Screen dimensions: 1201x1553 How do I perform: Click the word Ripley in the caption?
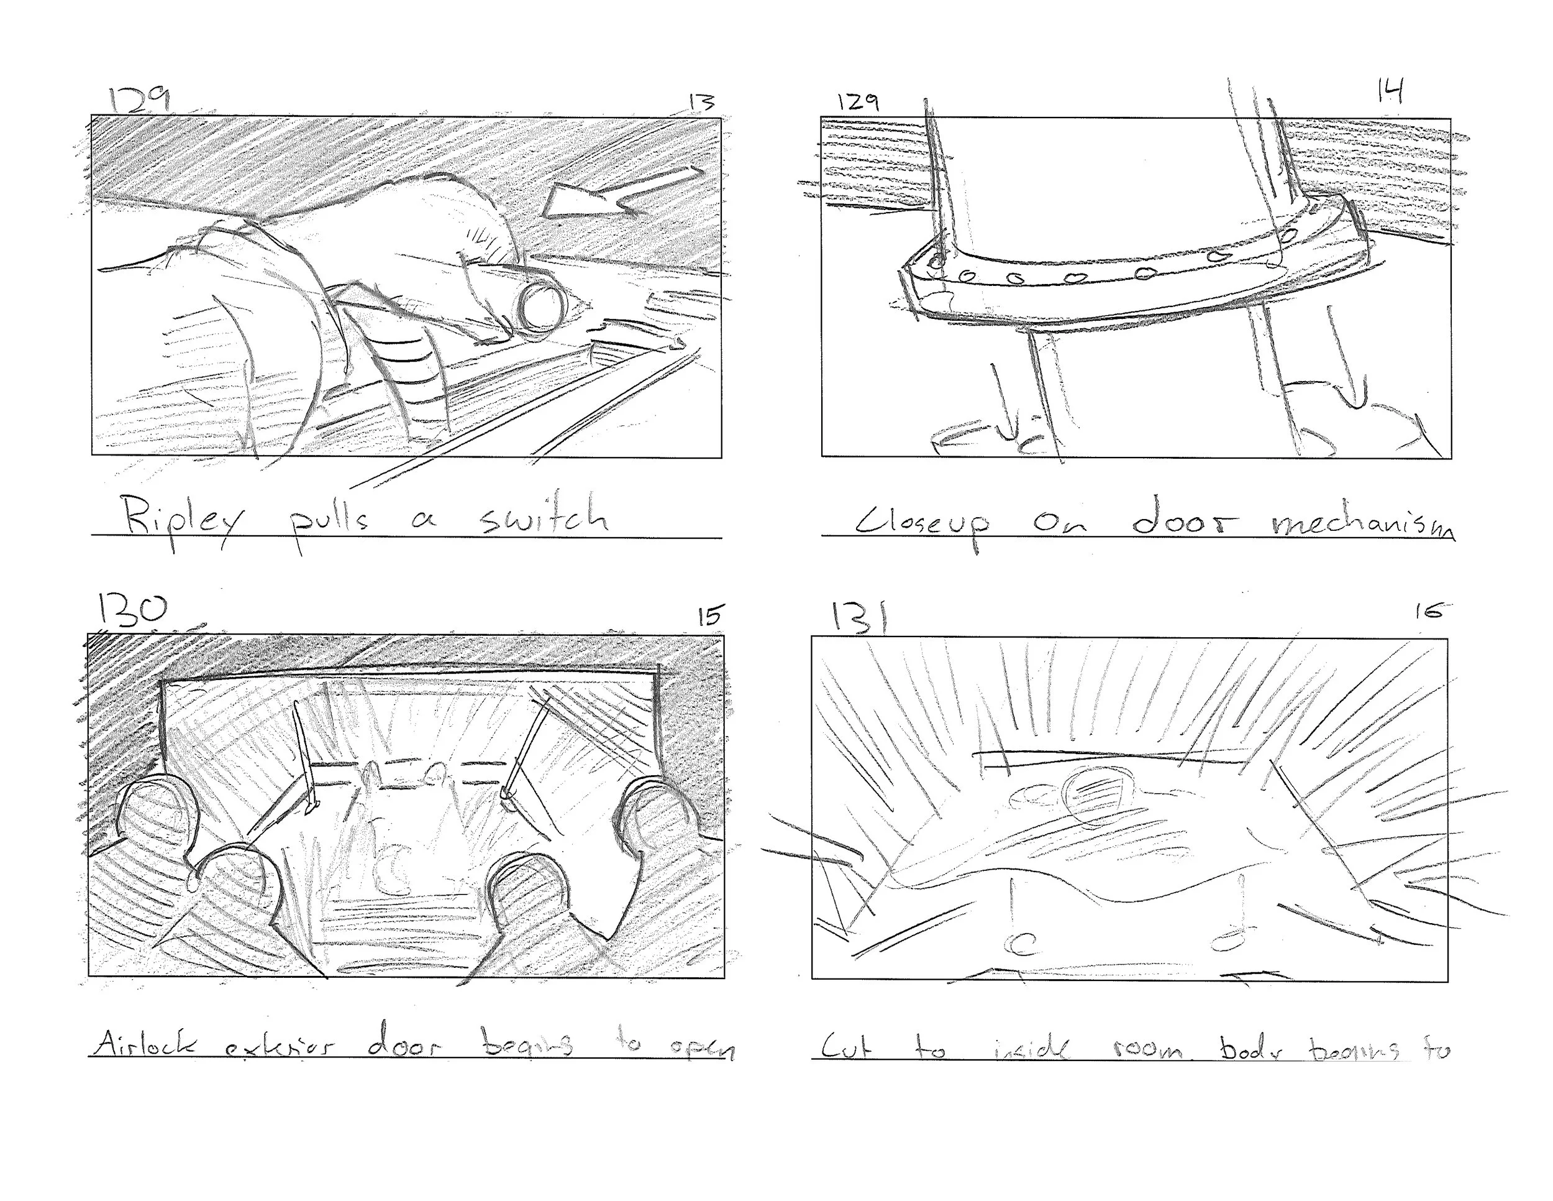coord(181,520)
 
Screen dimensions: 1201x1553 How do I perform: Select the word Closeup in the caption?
coord(923,525)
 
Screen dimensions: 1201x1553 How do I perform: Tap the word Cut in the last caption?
coord(847,1047)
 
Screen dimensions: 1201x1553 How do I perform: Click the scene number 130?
coord(132,610)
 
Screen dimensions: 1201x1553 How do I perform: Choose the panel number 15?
coord(709,615)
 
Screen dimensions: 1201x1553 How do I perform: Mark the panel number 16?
coord(1429,610)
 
